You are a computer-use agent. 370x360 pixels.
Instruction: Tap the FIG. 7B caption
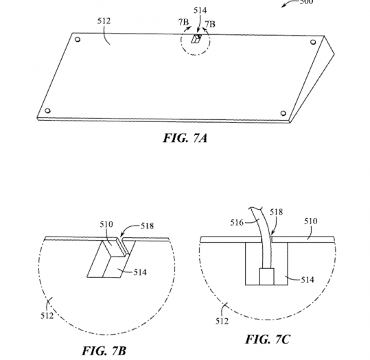[105, 351]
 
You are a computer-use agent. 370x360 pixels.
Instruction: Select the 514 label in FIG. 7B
[140, 272]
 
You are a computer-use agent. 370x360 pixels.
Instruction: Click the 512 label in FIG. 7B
[47, 316]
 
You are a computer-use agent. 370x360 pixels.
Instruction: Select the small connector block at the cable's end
[266, 277]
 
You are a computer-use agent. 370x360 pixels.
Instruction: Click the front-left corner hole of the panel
[47, 110]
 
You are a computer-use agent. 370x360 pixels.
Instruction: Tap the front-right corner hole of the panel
[283, 113]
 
